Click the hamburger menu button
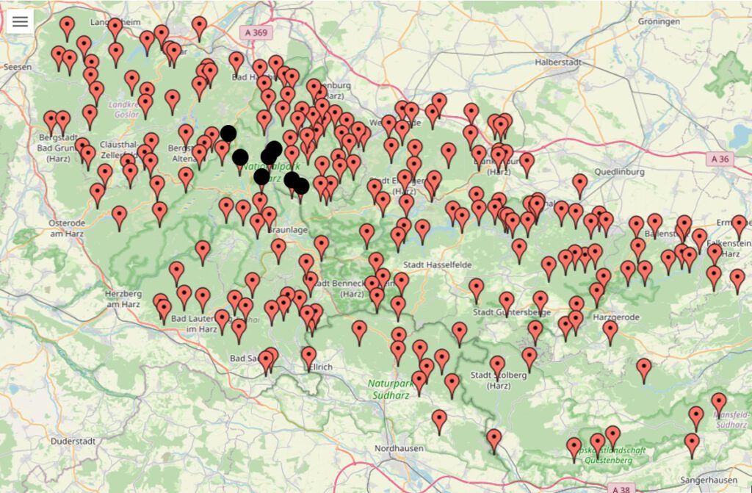20,21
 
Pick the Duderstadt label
73,441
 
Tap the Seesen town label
18,67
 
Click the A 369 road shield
255,32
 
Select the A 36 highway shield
722,158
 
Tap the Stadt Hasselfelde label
437,265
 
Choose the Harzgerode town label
616,317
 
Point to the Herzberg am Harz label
122,298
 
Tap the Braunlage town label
288,230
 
